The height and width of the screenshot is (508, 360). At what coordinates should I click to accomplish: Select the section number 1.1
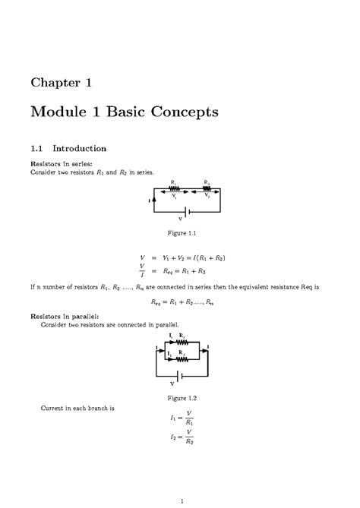(x=39, y=148)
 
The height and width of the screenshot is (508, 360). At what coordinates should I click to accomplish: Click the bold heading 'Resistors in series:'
(x=64, y=163)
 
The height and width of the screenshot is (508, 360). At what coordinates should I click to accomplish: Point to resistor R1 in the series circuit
(x=174, y=188)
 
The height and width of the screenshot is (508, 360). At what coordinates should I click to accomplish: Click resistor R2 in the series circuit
(x=207, y=188)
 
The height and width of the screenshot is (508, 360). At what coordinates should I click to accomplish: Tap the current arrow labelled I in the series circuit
(x=154, y=200)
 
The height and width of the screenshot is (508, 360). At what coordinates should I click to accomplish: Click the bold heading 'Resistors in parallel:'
(x=66, y=316)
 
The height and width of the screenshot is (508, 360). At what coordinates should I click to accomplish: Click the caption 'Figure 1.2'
(x=179, y=398)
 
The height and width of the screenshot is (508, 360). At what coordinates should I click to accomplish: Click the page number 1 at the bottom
(x=180, y=500)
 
